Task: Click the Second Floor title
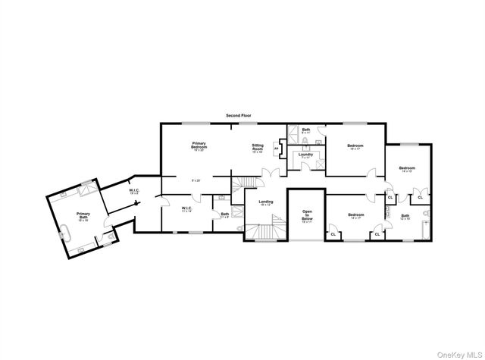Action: click(x=238, y=115)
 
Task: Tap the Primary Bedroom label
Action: click(x=199, y=145)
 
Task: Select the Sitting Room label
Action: click(x=258, y=149)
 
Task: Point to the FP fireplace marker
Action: click(x=277, y=149)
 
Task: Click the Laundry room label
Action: click(x=305, y=155)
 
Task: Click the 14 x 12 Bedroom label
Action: click(x=407, y=169)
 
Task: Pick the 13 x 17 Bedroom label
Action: click(x=355, y=146)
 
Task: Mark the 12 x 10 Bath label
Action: click(x=405, y=217)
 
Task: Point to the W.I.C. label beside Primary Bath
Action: click(x=133, y=191)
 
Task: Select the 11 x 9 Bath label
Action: click(x=225, y=214)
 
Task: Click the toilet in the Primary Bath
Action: click(x=111, y=236)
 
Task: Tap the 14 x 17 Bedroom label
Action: click(x=356, y=216)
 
